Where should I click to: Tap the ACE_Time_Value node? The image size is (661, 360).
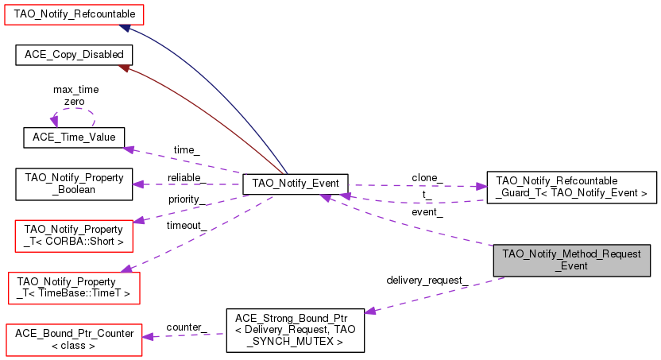(x=73, y=137)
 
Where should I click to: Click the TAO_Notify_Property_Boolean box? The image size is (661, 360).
(x=73, y=184)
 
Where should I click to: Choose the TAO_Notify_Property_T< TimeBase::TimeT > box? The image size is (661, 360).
(x=73, y=287)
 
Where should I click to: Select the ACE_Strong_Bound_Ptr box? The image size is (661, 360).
(x=295, y=330)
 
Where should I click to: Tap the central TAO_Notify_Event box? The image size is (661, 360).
(x=295, y=184)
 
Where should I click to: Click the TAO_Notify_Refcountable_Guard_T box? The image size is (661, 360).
(x=571, y=187)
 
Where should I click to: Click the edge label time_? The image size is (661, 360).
(x=187, y=150)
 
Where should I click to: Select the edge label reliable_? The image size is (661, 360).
(x=187, y=176)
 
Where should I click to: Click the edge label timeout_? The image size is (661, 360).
(x=186, y=225)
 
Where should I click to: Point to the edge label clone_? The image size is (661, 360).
(x=427, y=176)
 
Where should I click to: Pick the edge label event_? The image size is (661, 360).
(x=427, y=212)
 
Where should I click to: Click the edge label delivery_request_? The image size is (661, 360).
(x=427, y=281)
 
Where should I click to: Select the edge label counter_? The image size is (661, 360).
(x=187, y=327)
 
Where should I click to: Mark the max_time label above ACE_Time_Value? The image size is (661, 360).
(x=75, y=90)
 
